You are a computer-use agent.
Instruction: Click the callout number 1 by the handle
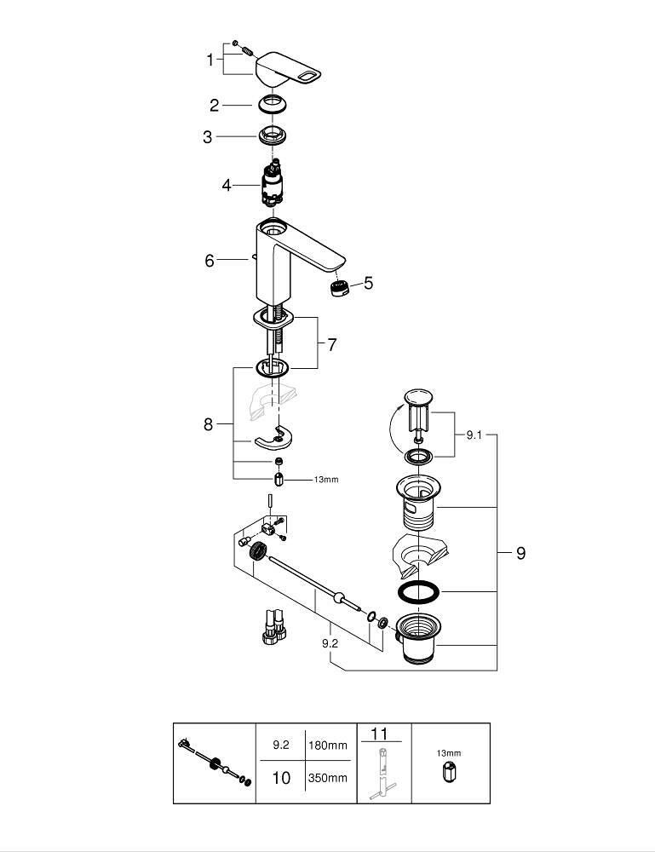coord(210,60)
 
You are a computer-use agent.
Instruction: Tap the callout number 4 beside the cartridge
coord(227,185)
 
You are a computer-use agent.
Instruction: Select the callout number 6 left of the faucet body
coord(210,260)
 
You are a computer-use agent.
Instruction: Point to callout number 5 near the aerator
coord(369,283)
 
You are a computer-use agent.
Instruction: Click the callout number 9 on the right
coord(521,553)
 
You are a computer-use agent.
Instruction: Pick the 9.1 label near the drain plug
coord(474,435)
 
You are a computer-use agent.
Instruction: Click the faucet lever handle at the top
coord(288,70)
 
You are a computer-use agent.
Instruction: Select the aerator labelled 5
coord(340,286)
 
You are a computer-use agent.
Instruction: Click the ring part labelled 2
coord(272,104)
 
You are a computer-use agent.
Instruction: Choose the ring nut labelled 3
coord(272,135)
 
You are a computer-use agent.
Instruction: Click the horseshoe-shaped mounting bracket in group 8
coord(273,438)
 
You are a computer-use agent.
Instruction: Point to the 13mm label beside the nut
coord(326,480)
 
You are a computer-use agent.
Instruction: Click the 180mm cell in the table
coord(327,745)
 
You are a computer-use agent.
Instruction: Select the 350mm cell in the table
coord(327,778)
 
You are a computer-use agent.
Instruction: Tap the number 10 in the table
coord(281,778)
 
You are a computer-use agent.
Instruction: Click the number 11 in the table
coord(379,734)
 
